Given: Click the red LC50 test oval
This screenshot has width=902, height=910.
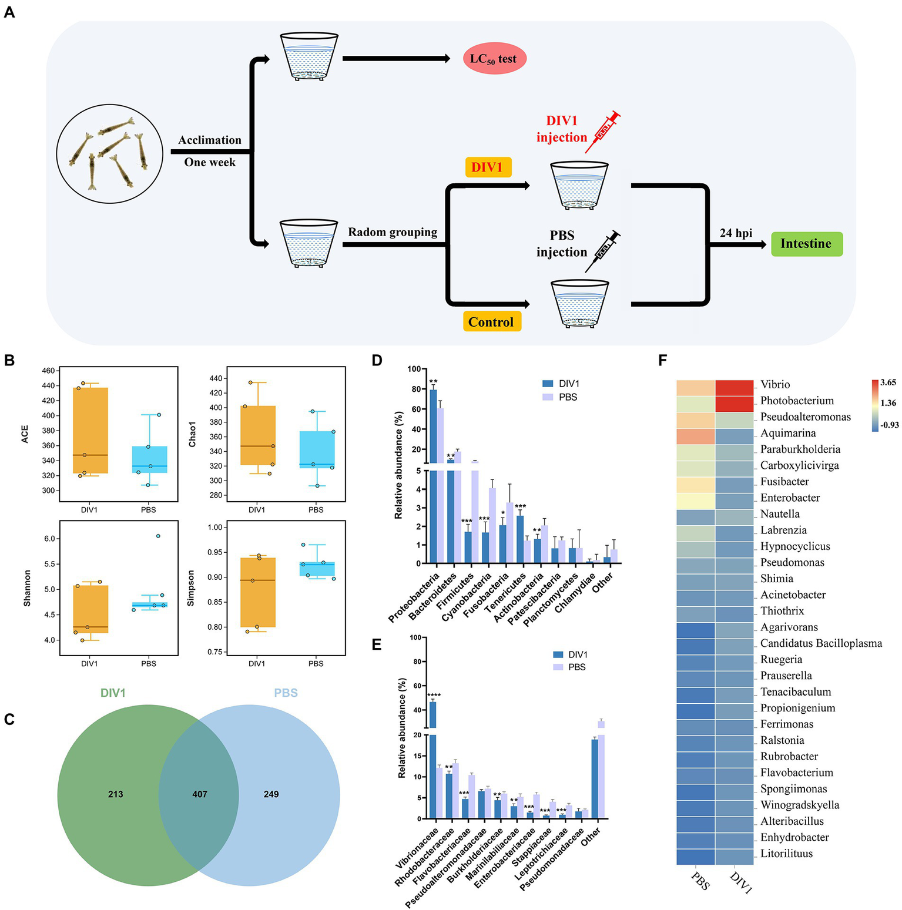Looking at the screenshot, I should [494, 59].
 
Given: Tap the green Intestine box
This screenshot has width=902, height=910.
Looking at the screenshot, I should [806, 244].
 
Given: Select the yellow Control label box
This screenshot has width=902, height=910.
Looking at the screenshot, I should [491, 322].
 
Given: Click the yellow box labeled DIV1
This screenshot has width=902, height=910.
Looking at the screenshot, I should [487, 167].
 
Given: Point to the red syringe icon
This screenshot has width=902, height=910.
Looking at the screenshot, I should [603, 131].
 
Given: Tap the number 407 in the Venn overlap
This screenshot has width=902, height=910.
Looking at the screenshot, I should [200, 794].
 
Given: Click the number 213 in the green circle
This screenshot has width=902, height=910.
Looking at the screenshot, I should [116, 794].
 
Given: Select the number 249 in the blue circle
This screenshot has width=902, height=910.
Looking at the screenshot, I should [271, 794].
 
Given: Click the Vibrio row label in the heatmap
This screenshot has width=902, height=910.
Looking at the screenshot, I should [775, 385].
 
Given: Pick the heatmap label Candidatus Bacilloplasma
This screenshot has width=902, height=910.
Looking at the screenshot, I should [821, 643].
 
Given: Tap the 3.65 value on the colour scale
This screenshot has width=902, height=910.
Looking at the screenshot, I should [888, 382].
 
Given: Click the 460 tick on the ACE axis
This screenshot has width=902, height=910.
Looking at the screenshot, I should [48, 371].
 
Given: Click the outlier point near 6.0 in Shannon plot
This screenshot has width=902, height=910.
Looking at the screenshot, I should [158, 536].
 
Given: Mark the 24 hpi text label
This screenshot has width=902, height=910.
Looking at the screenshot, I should [736, 233].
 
